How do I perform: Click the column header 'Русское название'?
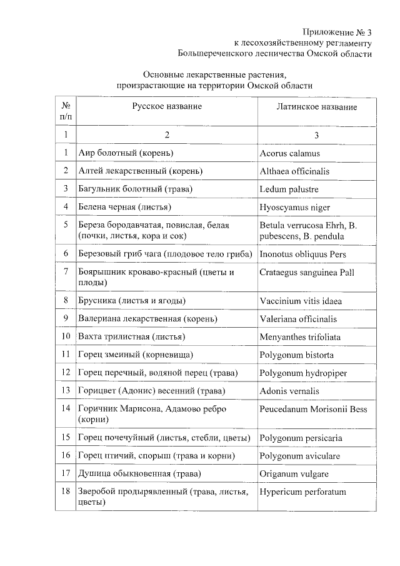pos(166,107)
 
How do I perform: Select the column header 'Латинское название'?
pos(317,107)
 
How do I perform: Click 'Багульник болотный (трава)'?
pos(135,189)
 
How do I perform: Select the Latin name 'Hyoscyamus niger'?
pos(294,207)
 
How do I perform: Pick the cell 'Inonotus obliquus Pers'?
pos(302,255)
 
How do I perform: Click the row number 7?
pos(66,272)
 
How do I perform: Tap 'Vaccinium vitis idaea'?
pos(301,301)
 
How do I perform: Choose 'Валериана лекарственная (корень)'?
pos(147,319)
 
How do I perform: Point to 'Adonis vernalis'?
pos(289,391)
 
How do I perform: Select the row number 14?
pos(66,409)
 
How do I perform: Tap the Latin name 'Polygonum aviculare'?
pos(300,456)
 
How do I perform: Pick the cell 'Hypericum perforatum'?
pos(302,492)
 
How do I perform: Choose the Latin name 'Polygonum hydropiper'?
pos(303,373)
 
